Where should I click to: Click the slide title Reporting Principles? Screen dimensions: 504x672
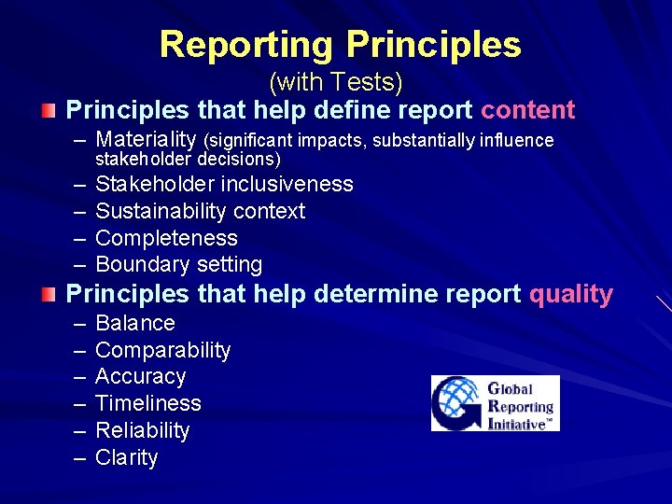(x=340, y=44)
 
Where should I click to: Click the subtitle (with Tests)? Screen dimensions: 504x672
(x=335, y=83)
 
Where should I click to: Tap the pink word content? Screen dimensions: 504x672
(x=527, y=110)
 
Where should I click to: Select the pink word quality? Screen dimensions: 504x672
(x=570, y=294)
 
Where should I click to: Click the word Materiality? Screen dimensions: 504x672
(x=146, y=140)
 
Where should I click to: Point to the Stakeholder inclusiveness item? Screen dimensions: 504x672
(x=224, y=184)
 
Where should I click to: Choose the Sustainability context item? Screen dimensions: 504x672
(x=200, y=211)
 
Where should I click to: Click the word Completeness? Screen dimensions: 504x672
(x=166, y=238)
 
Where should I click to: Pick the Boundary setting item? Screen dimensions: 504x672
(x=178, y=264)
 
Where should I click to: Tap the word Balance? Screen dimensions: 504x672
(x=135, y=323)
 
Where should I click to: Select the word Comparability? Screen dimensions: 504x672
(x=162, y=350)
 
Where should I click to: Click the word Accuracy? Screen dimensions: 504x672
(x=140, y=376)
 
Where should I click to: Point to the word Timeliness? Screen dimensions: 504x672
(x=148, y=403)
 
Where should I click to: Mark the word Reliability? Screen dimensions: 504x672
(x=142, y=430)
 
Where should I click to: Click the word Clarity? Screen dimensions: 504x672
(x=126, y=457)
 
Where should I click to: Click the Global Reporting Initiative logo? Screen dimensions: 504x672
(x=495, y=403)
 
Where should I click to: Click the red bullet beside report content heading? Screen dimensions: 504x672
(x=49, y=111)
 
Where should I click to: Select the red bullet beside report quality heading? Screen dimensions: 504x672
(x=49, y=295)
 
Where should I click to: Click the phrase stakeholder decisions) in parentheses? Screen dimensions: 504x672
(x=189, y=159)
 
